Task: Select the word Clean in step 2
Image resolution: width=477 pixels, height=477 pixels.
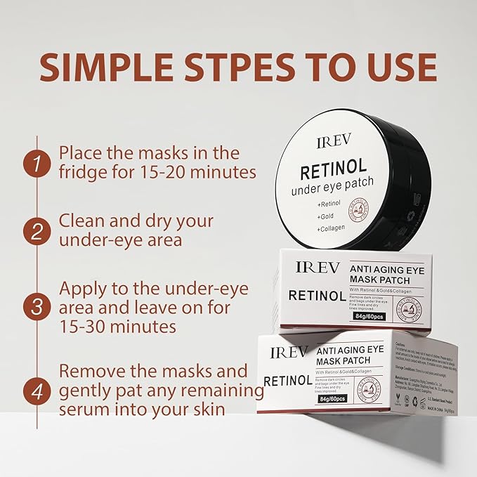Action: pyautogui.click(x=81, y=221)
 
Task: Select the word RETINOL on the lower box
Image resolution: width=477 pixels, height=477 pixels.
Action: pyautogui.click(x=287, y=381)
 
